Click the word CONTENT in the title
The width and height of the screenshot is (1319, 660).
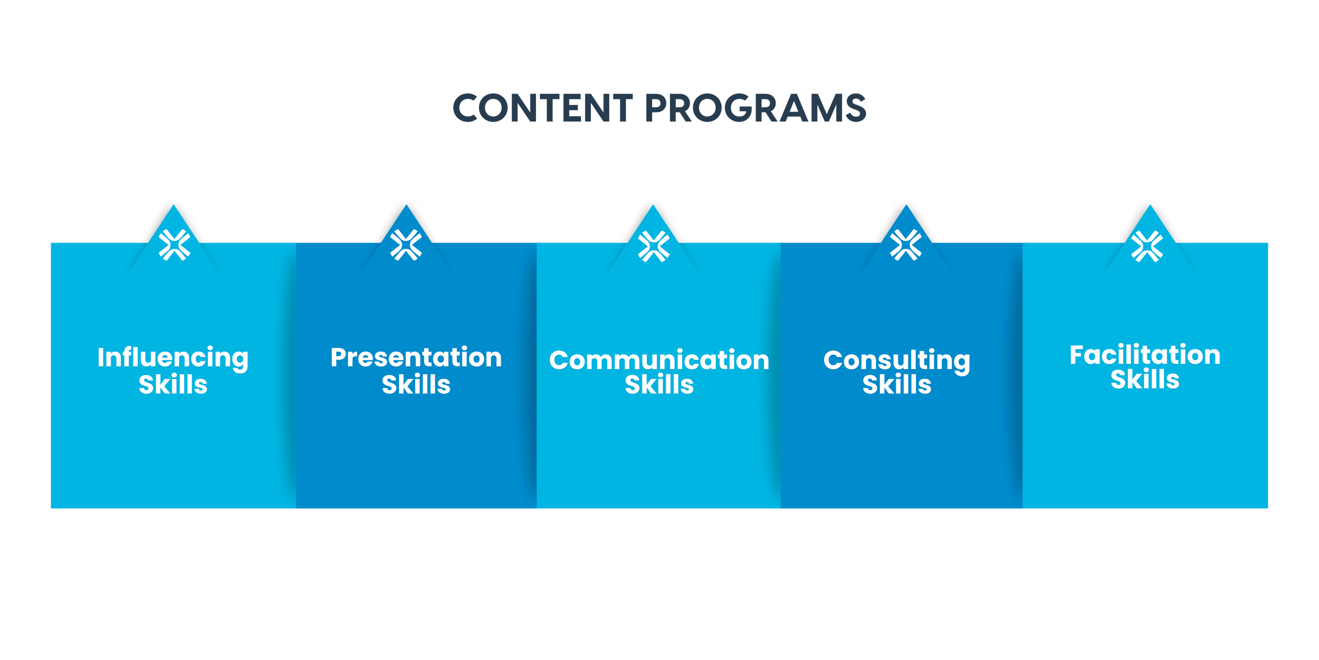click(543, 108)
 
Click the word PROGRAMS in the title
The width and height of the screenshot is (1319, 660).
click(756, 108)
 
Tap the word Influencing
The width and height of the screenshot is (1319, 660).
click(173, 358)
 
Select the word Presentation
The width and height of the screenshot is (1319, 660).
click(416, 357)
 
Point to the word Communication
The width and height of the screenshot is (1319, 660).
click(659, 360)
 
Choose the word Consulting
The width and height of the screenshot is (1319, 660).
click(896, 361)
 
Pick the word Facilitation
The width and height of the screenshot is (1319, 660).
click(1145, 355)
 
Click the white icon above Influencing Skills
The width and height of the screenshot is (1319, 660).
click(174, 245)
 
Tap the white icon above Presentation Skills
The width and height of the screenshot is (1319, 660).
click(406, 245)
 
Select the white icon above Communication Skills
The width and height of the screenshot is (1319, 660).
click(654, 246)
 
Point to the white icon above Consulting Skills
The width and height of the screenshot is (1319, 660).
click(906, 245)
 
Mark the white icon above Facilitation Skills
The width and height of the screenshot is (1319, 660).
click(1147, 246)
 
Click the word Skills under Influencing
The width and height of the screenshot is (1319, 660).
click(173, 384)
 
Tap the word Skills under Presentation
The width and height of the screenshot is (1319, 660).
click(416, 384)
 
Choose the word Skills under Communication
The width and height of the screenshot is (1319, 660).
click(659, 384)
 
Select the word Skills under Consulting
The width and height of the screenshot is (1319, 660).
click(896, 384)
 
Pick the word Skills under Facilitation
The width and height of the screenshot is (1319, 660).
click(1145, 380)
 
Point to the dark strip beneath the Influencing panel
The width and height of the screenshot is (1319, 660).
click(173, 516)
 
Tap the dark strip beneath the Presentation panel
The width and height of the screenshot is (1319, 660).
click(416, 516)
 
